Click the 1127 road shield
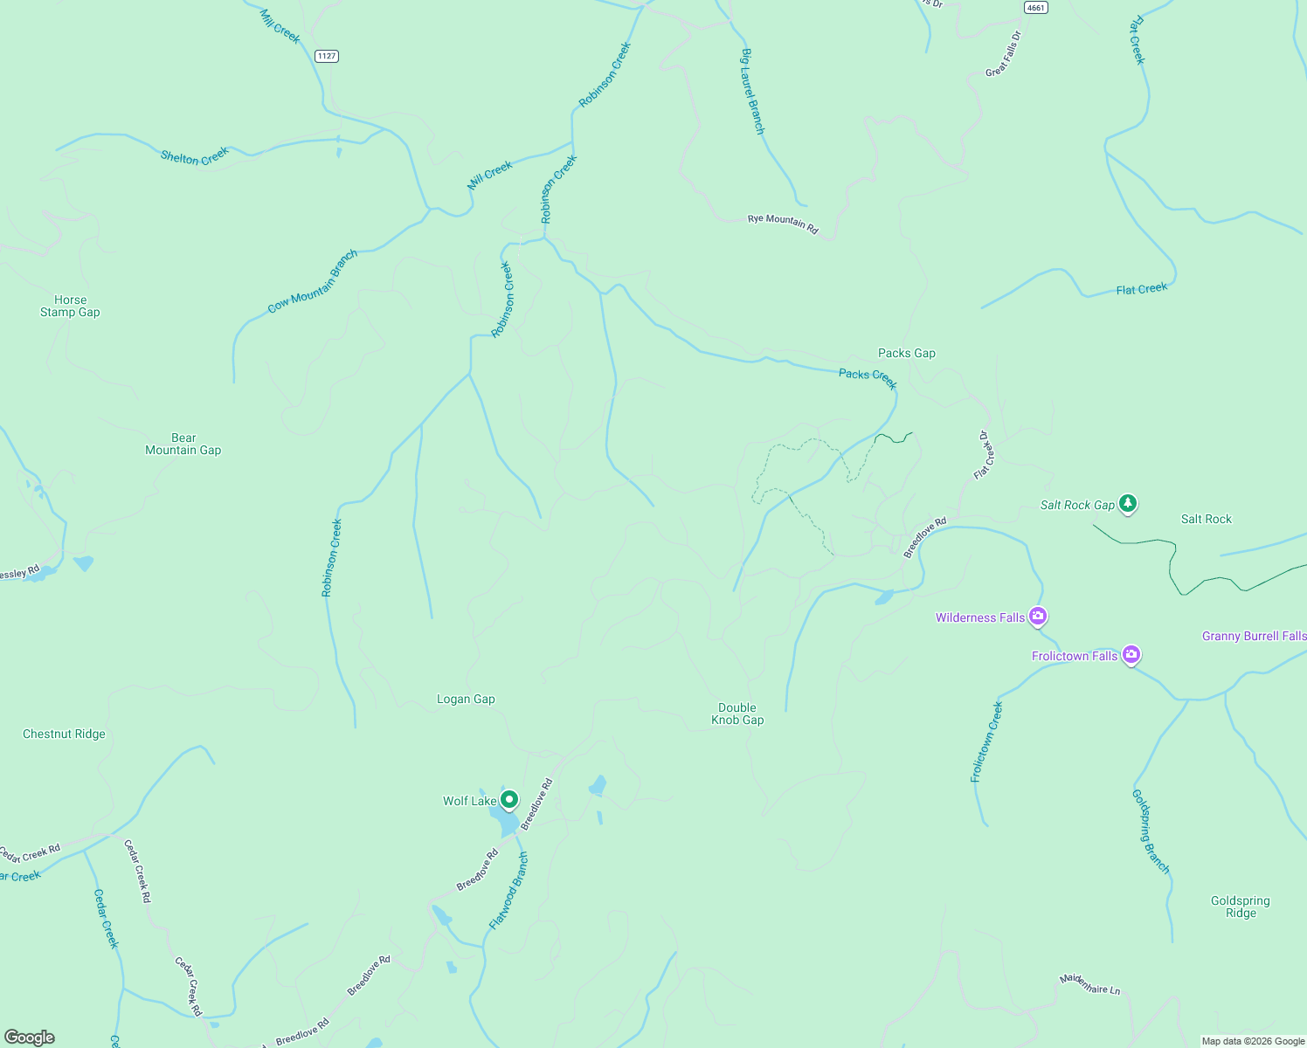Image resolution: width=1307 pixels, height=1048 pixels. [x=327, y=56]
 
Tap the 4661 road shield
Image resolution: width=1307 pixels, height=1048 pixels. [x=1035, y=7]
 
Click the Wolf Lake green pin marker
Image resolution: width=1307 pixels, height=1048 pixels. [x=508, y=799]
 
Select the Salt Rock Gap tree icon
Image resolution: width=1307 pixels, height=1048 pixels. [x=1128, y=503]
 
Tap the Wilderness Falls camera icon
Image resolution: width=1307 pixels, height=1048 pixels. [x=1038, y=617]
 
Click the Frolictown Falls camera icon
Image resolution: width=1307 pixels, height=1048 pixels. [x=1131, y=654]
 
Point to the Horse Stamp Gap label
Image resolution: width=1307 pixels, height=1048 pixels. [x=70, y=306]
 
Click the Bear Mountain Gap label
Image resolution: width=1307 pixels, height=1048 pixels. [x=183, y=444]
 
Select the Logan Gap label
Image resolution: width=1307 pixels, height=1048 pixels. [x=466, y=699]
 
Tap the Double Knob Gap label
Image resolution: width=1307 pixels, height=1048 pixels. [x=737, y=714]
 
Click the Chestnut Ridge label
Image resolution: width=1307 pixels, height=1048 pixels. [x=64, y=734]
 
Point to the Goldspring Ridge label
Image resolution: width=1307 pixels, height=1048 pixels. [x=1241, y=907]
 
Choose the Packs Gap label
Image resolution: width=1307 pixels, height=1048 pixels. [x=906, y=353]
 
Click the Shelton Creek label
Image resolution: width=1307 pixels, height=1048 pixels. [x=194, y=156]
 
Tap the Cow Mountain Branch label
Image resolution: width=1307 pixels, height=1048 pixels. [x=313, y=282]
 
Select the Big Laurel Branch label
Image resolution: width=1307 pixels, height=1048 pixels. [x=752, y=91]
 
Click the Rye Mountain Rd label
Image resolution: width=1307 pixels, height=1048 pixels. [x=783, y=224]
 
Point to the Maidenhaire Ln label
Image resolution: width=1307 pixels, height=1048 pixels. [x=1089, y=984]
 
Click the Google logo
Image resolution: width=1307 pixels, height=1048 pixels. [x=29, y=1038]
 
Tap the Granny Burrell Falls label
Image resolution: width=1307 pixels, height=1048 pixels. [x=1254, y=636]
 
